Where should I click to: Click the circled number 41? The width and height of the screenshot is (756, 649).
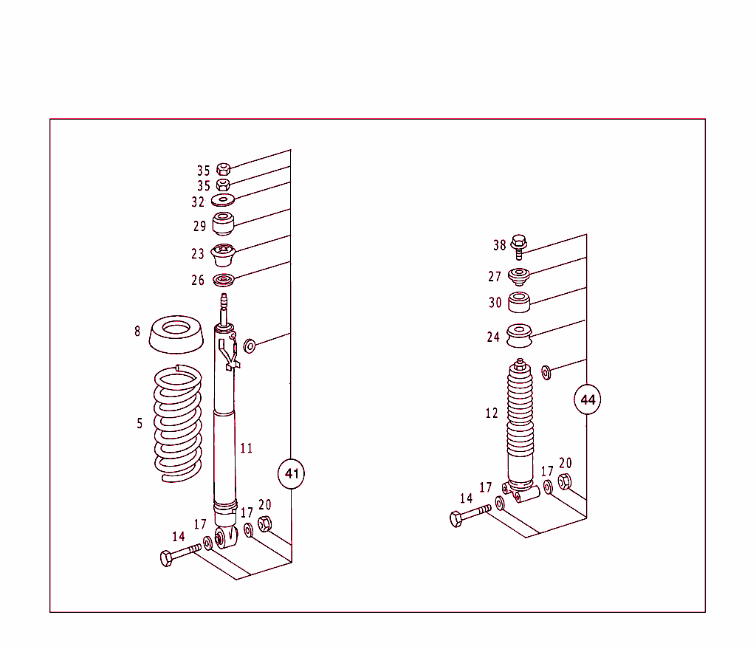point(292,473)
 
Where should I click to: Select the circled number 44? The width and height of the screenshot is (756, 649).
point(588,400)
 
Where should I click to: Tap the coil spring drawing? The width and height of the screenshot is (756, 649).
point(177,425)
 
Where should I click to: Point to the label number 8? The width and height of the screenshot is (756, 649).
point(137,332)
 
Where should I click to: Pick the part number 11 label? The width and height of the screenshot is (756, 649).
point(247,448)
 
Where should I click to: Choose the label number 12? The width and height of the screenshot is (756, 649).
point(492,413)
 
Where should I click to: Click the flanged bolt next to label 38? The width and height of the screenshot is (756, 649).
point(518,244)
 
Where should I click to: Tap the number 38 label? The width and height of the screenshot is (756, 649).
point(500,245)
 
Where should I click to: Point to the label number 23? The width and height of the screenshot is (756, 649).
point(197,254)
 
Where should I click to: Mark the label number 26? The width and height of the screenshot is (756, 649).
point(197,281)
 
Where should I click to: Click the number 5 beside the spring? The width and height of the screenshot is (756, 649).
point(140,423)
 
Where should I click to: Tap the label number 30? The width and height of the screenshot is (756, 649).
point(495,303)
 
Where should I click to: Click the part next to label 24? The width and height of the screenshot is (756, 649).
point(520,336)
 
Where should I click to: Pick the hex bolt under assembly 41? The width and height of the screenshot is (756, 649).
point(179,554)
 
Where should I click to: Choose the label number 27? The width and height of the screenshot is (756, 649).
point(494,277)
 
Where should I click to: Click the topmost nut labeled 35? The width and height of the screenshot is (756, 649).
point(224,169)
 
